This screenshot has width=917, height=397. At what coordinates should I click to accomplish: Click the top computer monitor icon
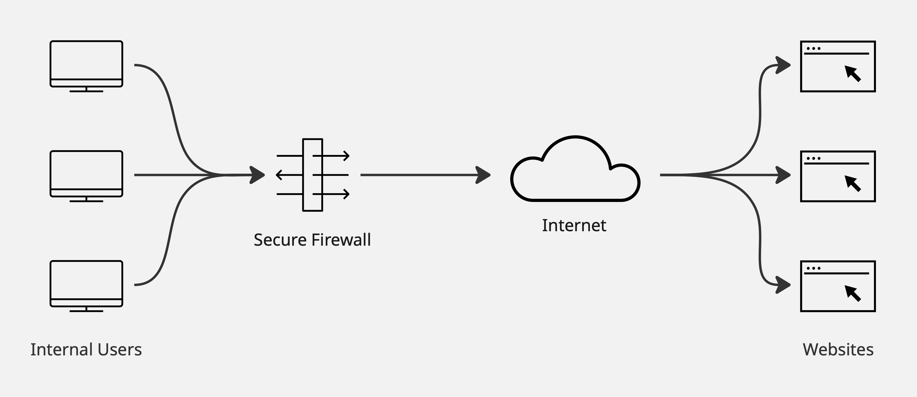[x=86, y=64]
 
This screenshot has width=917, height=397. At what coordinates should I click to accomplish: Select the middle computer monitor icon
[x=86, y=174]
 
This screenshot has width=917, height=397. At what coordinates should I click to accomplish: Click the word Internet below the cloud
[x=574, y=225]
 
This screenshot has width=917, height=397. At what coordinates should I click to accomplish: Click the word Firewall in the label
[x=341, y=240]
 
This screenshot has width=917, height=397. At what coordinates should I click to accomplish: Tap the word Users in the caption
[x=120, y=350]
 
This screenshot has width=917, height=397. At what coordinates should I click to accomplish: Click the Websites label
[x=838, y=350]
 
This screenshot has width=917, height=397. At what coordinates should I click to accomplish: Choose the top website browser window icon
[x=838, y=66]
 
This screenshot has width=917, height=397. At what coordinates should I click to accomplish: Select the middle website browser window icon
[x=838, y=176]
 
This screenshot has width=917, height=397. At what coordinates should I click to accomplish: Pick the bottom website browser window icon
[x=838, y=286]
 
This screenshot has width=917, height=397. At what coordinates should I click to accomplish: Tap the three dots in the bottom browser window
[x=813, y=268]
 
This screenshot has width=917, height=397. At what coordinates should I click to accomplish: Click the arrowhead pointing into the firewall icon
[x=257, y=175]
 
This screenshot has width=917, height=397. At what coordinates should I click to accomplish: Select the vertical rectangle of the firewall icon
[x=313, y=175]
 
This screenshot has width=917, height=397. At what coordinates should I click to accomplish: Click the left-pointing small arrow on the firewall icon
[x=280, y=175]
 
